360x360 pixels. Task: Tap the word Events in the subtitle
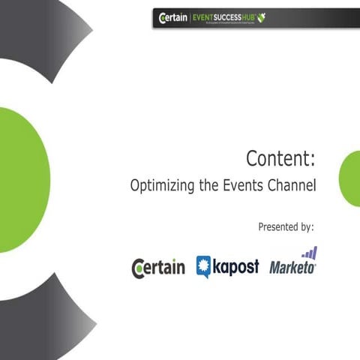241,186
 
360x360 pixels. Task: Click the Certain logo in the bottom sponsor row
158,268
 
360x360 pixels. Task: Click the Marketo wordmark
292,268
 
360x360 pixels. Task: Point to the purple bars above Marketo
309,253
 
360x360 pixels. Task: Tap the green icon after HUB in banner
260,16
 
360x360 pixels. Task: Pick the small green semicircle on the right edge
349,178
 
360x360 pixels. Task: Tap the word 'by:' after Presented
305,226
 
